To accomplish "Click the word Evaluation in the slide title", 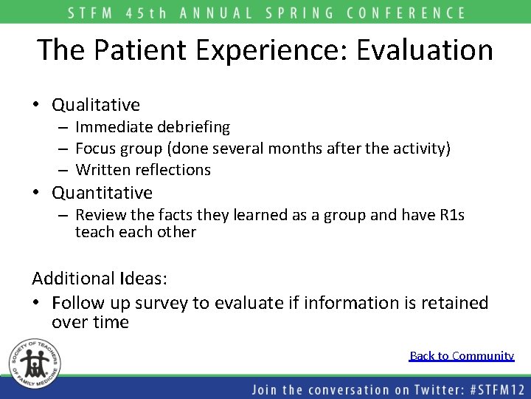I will click(425, 50).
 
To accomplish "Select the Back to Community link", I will click(462, 356).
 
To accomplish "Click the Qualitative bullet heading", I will click(95, 106).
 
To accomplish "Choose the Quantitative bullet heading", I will click(102, 193).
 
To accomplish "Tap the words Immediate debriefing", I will click(153, 128).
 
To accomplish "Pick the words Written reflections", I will click(143, 170).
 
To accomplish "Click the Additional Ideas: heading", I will click(100, 279).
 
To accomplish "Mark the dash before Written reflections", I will click(65, 170).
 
